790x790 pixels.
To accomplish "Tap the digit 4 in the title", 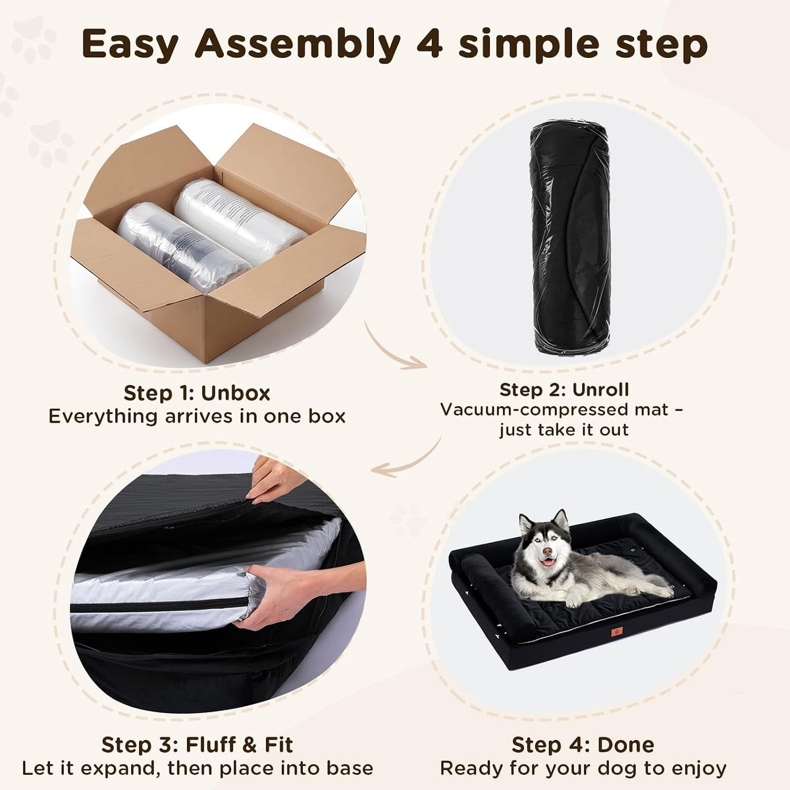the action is [x=429, y=44].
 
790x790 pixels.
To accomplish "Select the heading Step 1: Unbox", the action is [x=197, y=393].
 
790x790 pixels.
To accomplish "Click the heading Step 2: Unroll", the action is [x=564, y=390].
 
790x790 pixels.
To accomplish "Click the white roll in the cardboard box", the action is [x=239, y=221].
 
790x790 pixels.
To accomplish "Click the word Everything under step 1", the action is [x=103, y=417].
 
